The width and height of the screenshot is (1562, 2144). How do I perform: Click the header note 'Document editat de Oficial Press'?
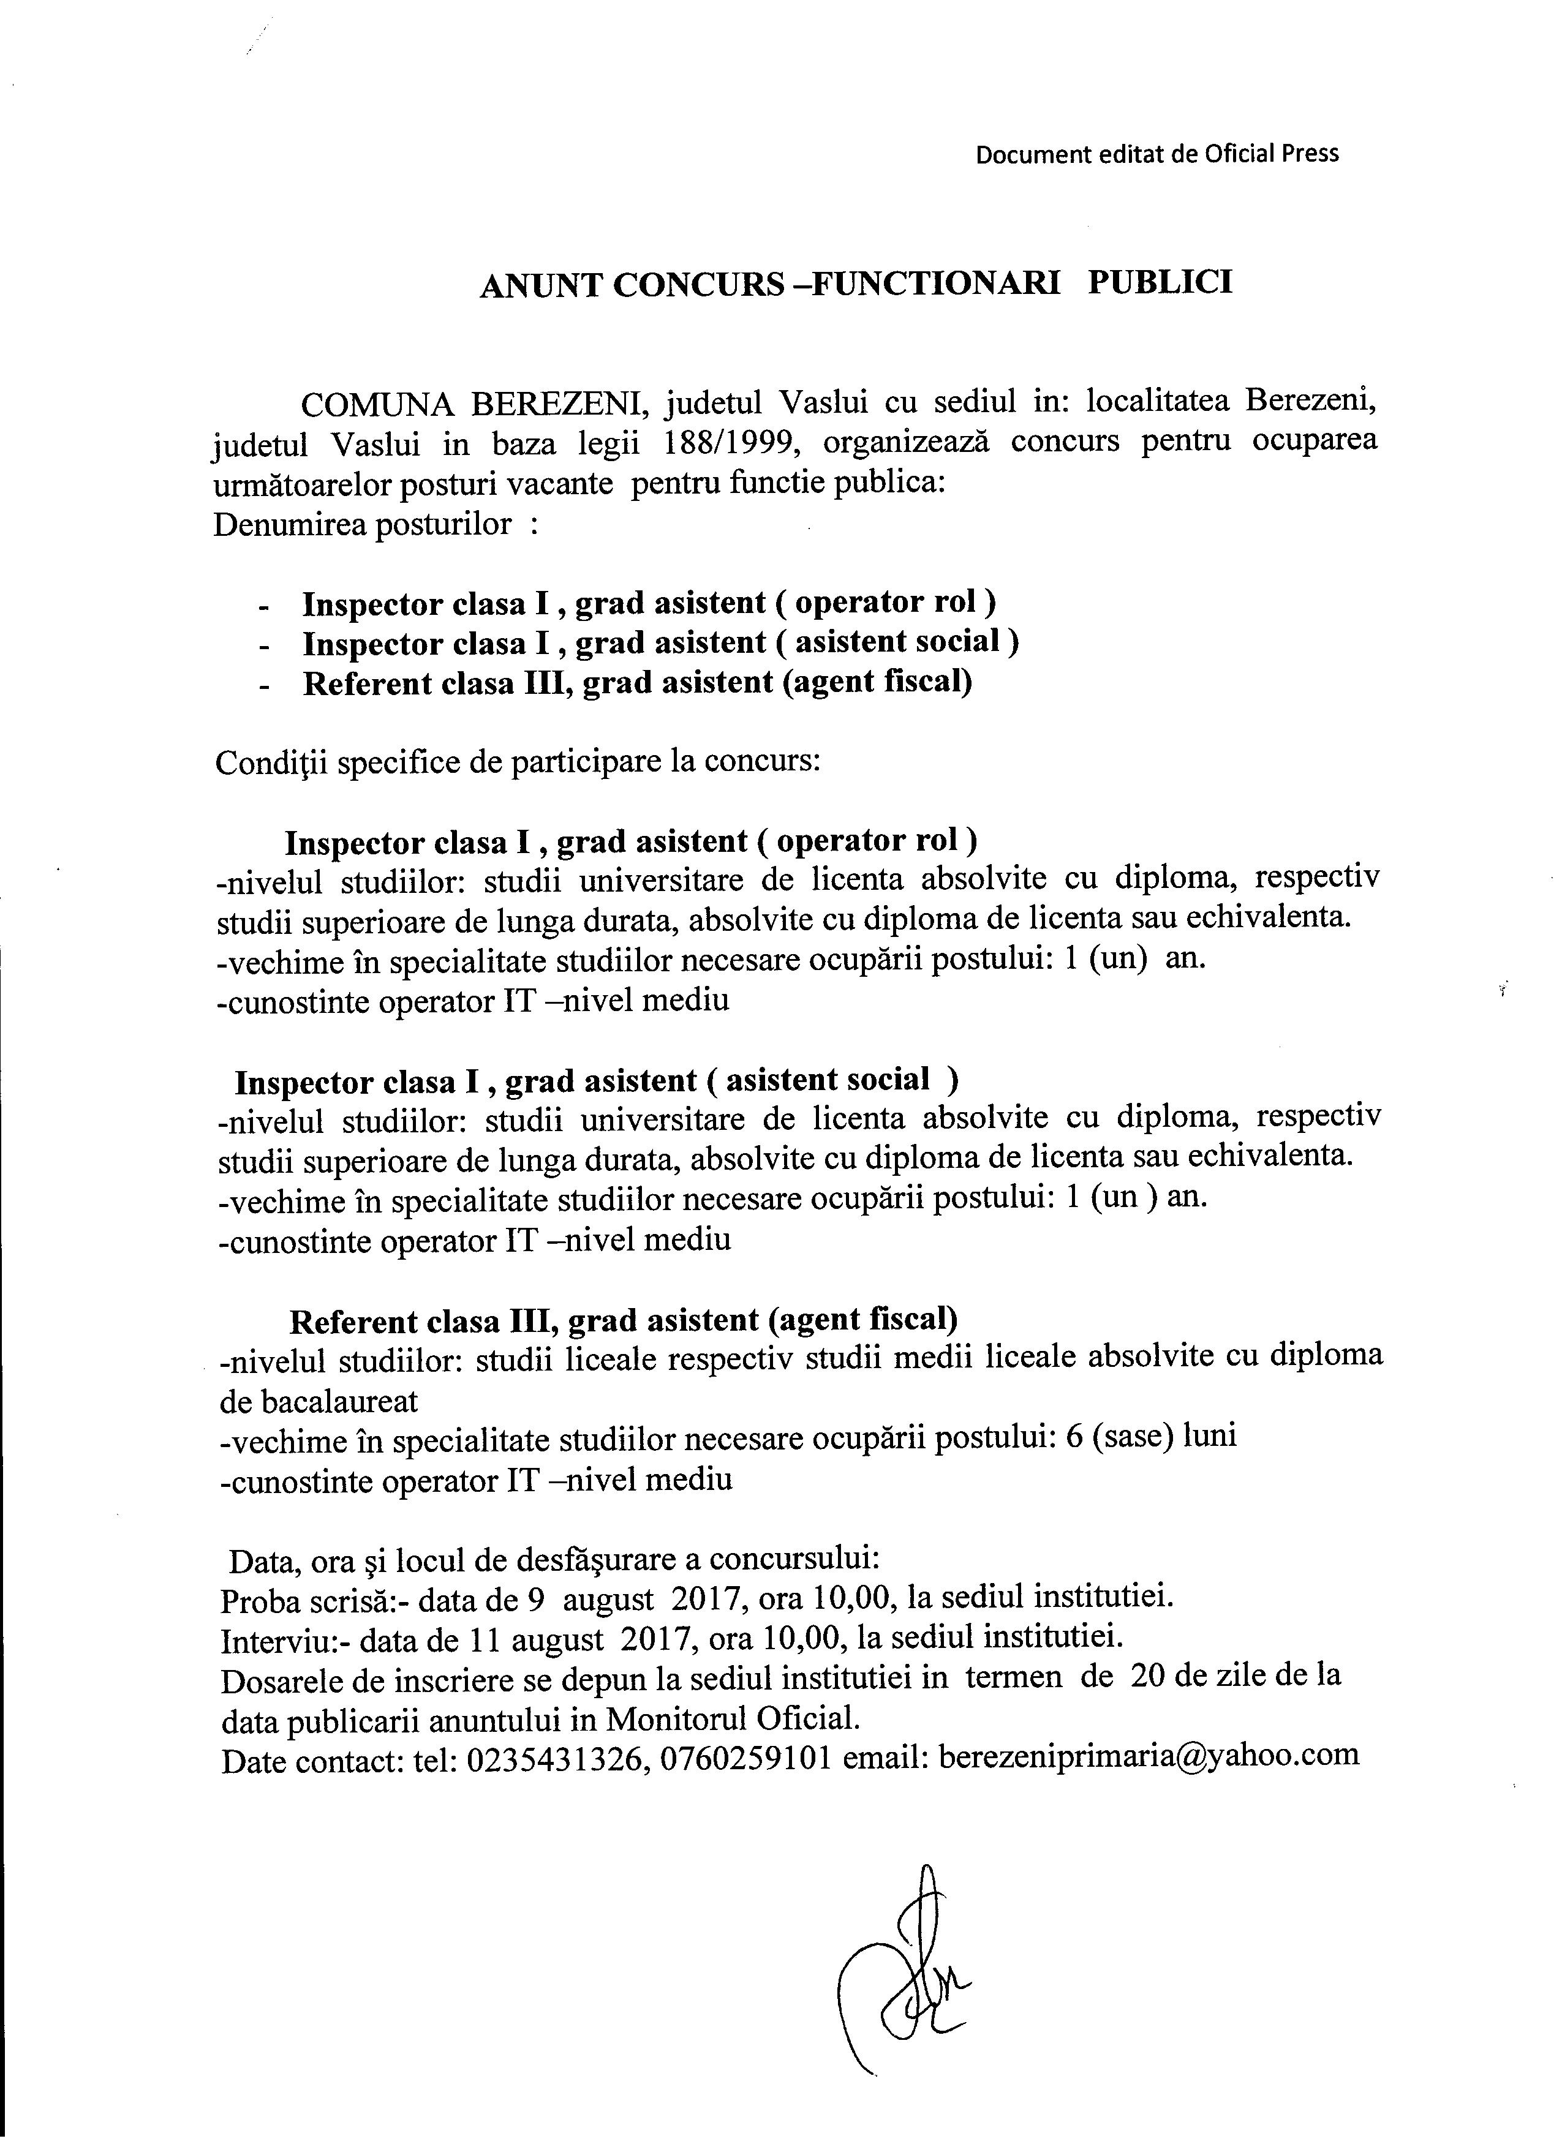(1156, 154)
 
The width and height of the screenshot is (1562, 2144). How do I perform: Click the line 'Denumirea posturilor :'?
(375, 525)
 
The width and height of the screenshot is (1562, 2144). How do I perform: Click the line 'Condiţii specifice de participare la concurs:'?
(517, 763)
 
